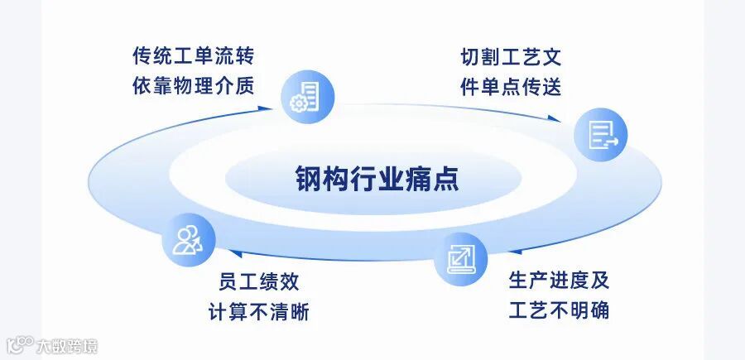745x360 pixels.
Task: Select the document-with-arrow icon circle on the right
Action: coord(602,134)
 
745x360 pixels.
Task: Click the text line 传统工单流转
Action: coord(193,56)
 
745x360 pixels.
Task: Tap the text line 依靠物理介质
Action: coord(193,86)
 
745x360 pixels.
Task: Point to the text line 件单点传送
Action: coord(511,87)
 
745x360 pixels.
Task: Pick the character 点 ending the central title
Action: coord(445,178)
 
